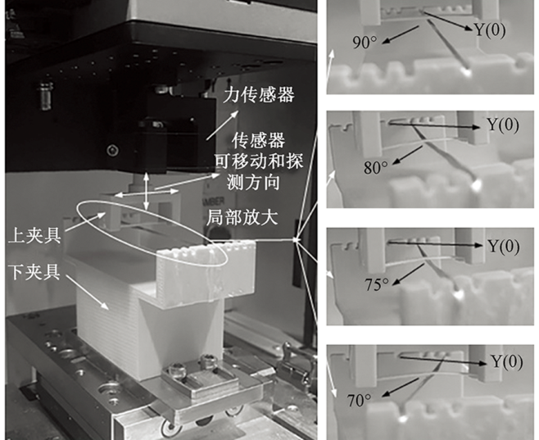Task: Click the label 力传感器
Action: coord(259,95)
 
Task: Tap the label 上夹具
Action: coord(34,236)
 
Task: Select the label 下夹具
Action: coord(35,272)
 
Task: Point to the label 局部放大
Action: coord(242,217)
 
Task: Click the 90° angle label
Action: coord(365,43)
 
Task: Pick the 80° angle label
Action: coord(376,168)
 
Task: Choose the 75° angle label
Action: coord(377,284)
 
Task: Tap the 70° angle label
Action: coord(360,401)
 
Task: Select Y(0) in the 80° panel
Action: coord(503,125)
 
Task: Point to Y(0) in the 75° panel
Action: coord(504,246)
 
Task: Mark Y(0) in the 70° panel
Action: coord(507,361)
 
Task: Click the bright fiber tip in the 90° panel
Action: coord(467,71)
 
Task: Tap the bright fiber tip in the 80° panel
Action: coord(477,185)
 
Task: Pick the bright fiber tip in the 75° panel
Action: coord(458,294)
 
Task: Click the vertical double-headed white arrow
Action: coord(147,192)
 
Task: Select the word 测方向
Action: coord(253,182)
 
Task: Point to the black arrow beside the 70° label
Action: coord(401,387)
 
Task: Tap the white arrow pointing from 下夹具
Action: coord(88,292)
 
